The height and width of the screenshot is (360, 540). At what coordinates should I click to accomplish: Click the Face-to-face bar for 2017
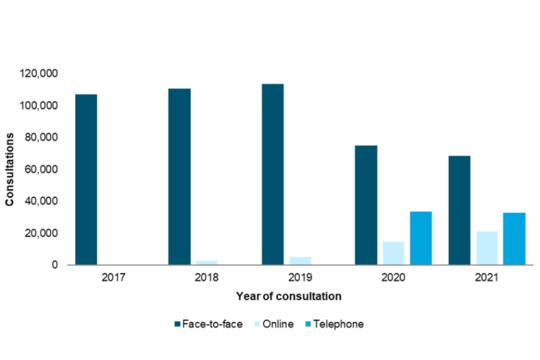point(86,179)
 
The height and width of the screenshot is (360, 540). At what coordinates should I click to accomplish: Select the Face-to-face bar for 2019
point(273,174)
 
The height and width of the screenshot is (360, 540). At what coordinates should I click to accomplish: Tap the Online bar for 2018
point(207,262)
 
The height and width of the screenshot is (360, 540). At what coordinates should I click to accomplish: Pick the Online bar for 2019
point(300,260)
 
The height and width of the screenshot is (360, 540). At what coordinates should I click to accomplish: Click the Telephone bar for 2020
point(421,238)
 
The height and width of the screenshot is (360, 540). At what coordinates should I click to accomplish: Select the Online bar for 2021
point(487,248)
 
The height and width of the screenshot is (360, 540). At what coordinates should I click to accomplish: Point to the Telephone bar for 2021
point(514,238)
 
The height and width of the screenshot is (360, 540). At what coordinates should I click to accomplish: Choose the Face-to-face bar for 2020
point(366,205)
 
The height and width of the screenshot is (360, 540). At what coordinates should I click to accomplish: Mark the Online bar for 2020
point(394,253)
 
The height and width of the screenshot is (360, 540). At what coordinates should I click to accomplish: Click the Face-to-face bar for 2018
point(179,177)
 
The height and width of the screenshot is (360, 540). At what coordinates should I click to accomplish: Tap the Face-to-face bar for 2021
point(460,210)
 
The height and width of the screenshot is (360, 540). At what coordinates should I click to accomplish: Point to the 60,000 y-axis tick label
point(44,169)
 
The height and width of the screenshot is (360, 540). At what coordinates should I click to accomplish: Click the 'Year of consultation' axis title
point(289,296)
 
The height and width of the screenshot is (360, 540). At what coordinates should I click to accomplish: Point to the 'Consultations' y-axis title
point(10,169)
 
